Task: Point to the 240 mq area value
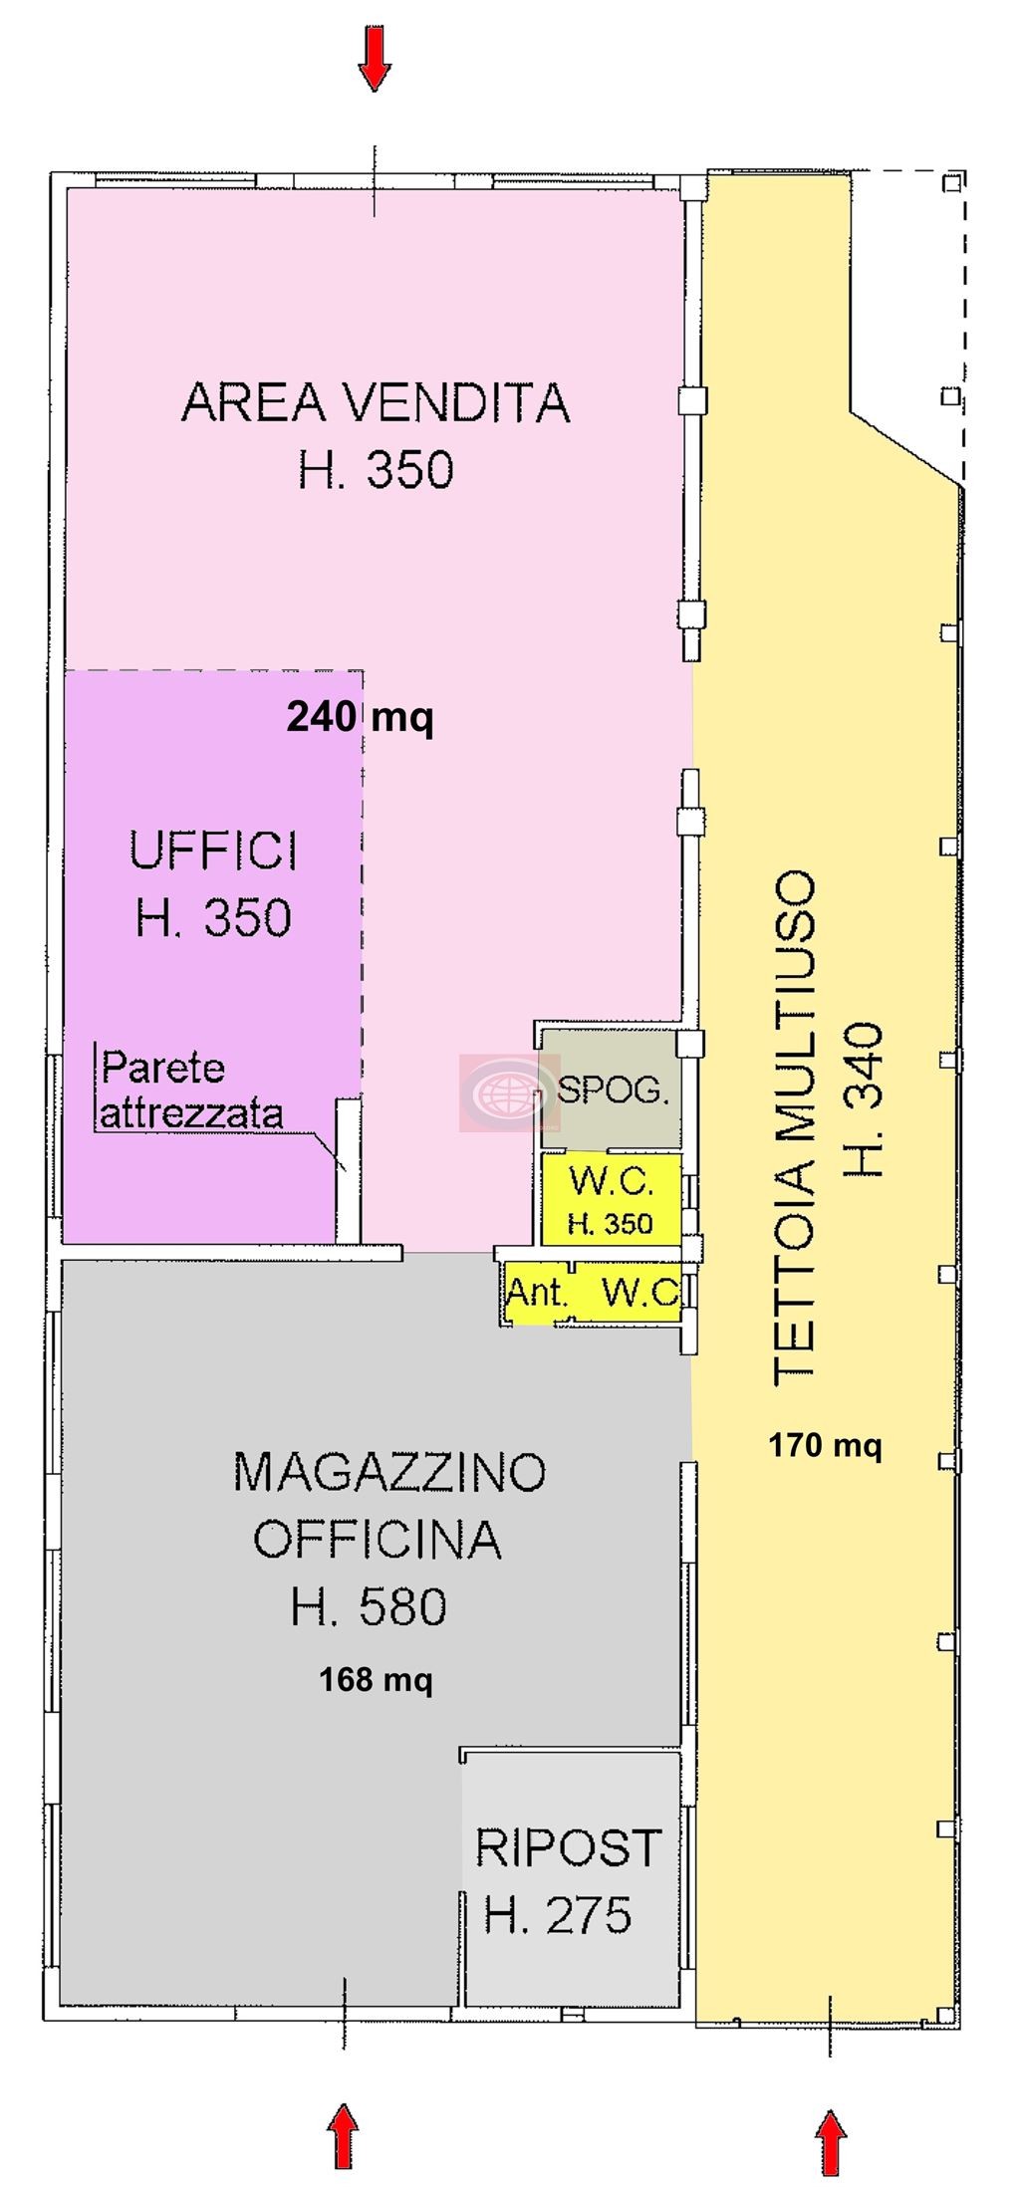point(360,716)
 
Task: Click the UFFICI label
point(213,852)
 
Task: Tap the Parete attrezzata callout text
point(191,1090)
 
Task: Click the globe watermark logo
point(498,1093)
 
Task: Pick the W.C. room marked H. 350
point(611,1198)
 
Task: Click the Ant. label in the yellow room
point(538,1294)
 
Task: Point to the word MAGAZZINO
point(389,1472)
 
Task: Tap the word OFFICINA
point(377,1539)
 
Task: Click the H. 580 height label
point(369,1607)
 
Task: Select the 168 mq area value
point(376,1680)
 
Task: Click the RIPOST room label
point(568,1848)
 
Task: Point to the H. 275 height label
point(558,1914)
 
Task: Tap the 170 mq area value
point(825,1444)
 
